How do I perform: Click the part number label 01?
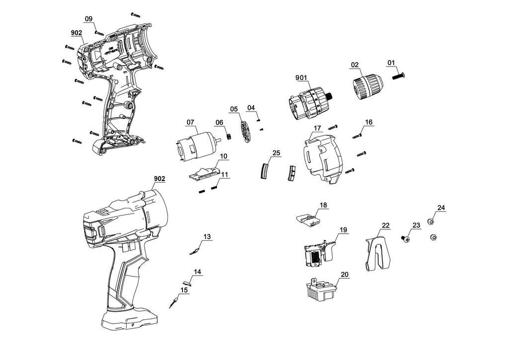click(391, 63)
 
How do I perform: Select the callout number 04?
click(251, 108)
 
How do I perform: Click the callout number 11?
click(225, 175)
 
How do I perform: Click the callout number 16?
click(368, 122)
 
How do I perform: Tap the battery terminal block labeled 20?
click(318, 289)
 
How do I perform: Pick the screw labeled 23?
click(406, 239)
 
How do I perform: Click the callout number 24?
click(441, 207)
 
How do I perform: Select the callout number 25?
click(276, 153)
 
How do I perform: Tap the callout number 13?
click(207, 236)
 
